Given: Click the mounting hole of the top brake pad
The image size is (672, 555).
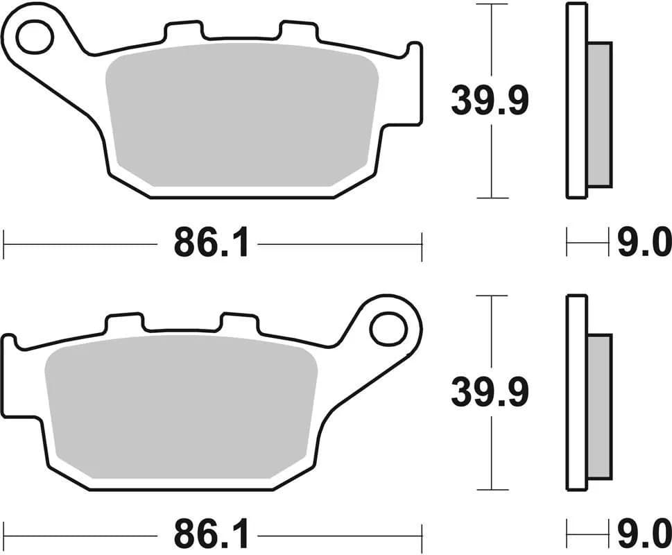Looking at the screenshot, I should click(35, 37).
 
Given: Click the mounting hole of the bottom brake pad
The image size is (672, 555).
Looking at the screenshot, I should click(387, 329).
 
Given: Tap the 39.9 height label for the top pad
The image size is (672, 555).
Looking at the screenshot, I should click(490, 101).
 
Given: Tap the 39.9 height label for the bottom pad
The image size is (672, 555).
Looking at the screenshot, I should click(490, 393).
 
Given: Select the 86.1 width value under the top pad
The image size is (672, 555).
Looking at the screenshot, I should click(211, 244).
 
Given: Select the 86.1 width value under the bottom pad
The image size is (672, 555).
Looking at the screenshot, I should click(211, 536).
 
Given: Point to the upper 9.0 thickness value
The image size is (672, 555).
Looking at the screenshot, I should click(644, 244).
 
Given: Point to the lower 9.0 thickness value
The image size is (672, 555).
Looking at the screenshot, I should click(644, 536).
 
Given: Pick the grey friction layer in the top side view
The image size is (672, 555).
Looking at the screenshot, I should click(600, 114).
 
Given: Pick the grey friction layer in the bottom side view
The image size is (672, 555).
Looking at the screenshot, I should click(600, 406).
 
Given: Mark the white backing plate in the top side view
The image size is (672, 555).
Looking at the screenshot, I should click(576, 101).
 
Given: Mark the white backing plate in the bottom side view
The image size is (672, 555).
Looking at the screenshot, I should click(576, 392).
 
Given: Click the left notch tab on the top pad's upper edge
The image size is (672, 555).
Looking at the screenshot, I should click(185, 31).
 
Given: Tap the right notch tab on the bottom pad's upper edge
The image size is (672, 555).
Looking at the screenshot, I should click(239, 323).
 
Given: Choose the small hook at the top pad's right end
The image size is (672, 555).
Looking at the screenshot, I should click(414, 52).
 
